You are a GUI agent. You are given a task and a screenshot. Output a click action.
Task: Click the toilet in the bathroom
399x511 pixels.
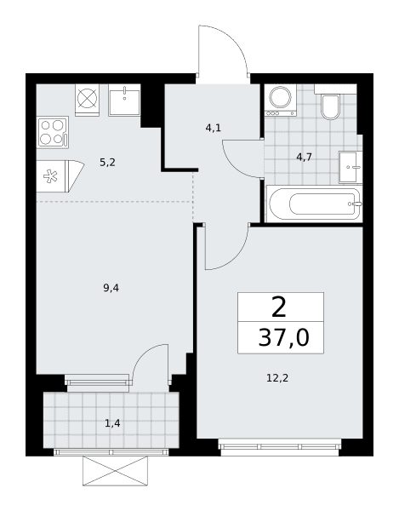[330, 104]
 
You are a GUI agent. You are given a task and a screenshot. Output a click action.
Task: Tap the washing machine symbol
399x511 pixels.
[281, 100]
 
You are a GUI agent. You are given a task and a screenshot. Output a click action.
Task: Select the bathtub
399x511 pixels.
[315, 204]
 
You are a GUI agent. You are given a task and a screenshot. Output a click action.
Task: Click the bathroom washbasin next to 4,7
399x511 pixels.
[351, 167]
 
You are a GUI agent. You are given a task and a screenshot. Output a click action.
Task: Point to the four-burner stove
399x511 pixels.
[53, 132]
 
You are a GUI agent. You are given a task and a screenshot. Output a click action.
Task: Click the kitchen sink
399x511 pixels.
[125, 100]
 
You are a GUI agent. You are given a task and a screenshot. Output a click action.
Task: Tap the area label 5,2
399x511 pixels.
[107, 163]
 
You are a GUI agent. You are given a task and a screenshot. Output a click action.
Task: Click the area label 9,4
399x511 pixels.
[111, 288]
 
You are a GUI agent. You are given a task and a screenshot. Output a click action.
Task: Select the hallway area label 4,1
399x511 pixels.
[214, 128]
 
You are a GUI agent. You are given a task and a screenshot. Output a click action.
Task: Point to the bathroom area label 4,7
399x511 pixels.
[305, 158]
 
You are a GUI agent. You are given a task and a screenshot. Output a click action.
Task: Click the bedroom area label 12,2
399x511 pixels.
[277, 378]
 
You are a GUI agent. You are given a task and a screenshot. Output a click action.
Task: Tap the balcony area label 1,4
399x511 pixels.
[112, 423]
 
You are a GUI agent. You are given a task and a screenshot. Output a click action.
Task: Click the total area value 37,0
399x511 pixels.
[283, 338]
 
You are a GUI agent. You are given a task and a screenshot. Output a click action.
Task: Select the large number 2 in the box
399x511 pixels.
[279, 307]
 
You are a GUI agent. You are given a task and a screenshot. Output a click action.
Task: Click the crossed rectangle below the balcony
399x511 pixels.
[115, 471]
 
